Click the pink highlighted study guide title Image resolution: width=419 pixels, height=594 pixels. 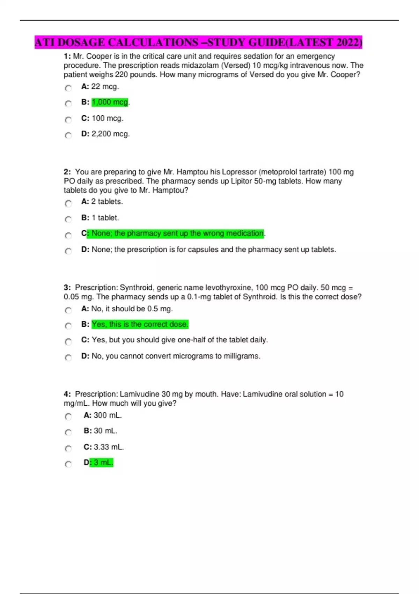[x=198, y=42]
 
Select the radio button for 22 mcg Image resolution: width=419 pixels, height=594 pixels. [x=68, y=88]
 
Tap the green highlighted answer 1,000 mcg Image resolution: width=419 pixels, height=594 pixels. [x=110, y=102]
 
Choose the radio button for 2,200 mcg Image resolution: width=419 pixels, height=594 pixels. [x=68, y=135]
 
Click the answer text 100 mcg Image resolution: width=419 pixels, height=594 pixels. [x=107, y=118]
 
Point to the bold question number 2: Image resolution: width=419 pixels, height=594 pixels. [x=67, y=172]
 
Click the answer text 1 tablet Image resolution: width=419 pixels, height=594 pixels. [x=105, y=218]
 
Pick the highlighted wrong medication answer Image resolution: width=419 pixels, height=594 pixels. [x=177, y=233]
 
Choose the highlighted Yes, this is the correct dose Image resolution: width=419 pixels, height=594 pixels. [x=140, y=324]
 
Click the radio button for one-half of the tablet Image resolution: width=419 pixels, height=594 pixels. [x=68, y=341]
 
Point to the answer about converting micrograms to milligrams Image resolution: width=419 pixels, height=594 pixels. [x=176, y=356]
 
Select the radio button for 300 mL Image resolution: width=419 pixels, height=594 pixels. [x=68, y=416]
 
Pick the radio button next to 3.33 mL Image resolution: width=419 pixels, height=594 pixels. [x=68, y=448]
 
